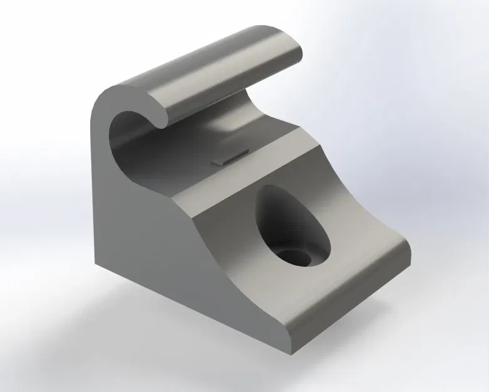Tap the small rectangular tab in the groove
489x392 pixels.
(229, 158)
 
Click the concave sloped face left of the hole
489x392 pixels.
(232, 245)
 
